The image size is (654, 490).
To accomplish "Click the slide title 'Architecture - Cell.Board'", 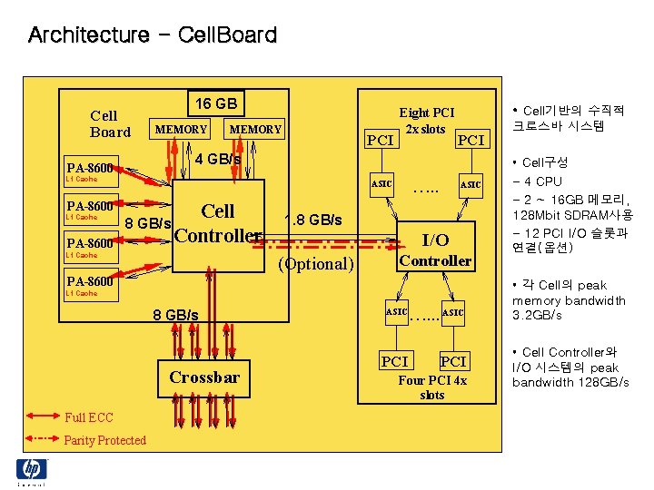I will (x=153, y=35).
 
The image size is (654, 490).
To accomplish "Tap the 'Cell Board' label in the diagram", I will (x=110, y=123).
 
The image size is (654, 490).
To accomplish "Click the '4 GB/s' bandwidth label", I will (x=218, y=160).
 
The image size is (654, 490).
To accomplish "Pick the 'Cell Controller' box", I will (x=218, y=223).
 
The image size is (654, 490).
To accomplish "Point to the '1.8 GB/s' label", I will (x=313, y=220).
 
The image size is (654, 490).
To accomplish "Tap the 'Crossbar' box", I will (x=205, y=377).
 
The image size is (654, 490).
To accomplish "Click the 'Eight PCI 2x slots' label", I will (x=426, y=121).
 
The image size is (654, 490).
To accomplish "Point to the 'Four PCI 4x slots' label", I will (x=432, y=387).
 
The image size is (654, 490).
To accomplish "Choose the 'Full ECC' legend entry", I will (x=89, y=417).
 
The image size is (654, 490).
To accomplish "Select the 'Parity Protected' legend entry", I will (x=104, y=440).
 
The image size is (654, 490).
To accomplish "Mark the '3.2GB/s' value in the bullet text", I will (x=537, y=315).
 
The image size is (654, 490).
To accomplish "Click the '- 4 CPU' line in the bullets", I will (x=537, y=181).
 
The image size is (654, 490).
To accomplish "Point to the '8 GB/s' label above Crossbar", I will (x=176, y=315).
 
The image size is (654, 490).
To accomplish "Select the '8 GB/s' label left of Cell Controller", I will (x=148, y=223).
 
